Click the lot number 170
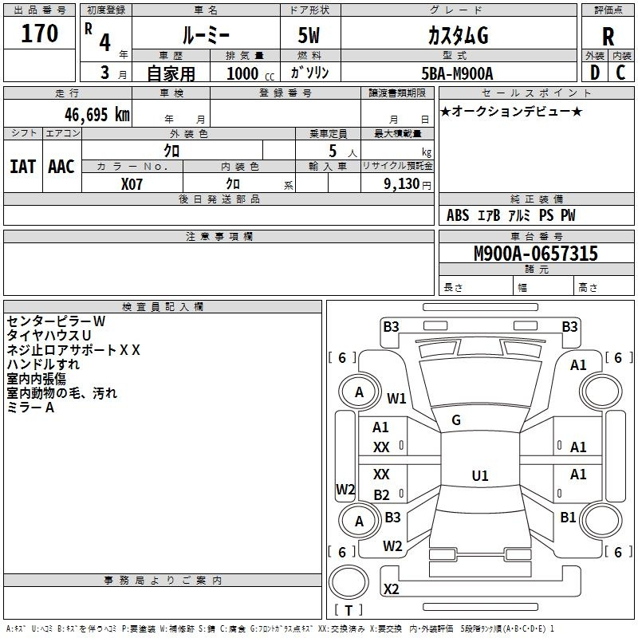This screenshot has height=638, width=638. point(41,34)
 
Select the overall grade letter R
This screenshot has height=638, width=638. point(608,35)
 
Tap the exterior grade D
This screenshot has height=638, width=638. point(594,72)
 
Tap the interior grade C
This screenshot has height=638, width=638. point(620,72)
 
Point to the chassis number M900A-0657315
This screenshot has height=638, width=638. point(536,254)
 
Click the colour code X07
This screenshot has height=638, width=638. point(132,183)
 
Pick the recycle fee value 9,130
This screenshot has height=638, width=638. point(403,184)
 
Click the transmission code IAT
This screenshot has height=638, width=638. point(22,166)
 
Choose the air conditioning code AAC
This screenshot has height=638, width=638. point(61,166)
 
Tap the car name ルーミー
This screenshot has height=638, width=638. point(205,35)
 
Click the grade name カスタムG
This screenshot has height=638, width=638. point(458,35)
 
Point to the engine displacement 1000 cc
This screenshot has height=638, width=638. point(248,73)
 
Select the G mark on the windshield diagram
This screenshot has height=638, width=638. point(456,420)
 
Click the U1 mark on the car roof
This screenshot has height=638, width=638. point(479,475)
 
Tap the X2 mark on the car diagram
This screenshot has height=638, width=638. point(391,589)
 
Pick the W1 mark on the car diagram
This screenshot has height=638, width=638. point(397,398)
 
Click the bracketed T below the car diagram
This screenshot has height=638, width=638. point(349,610)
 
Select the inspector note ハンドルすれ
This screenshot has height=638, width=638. point(43,364)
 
